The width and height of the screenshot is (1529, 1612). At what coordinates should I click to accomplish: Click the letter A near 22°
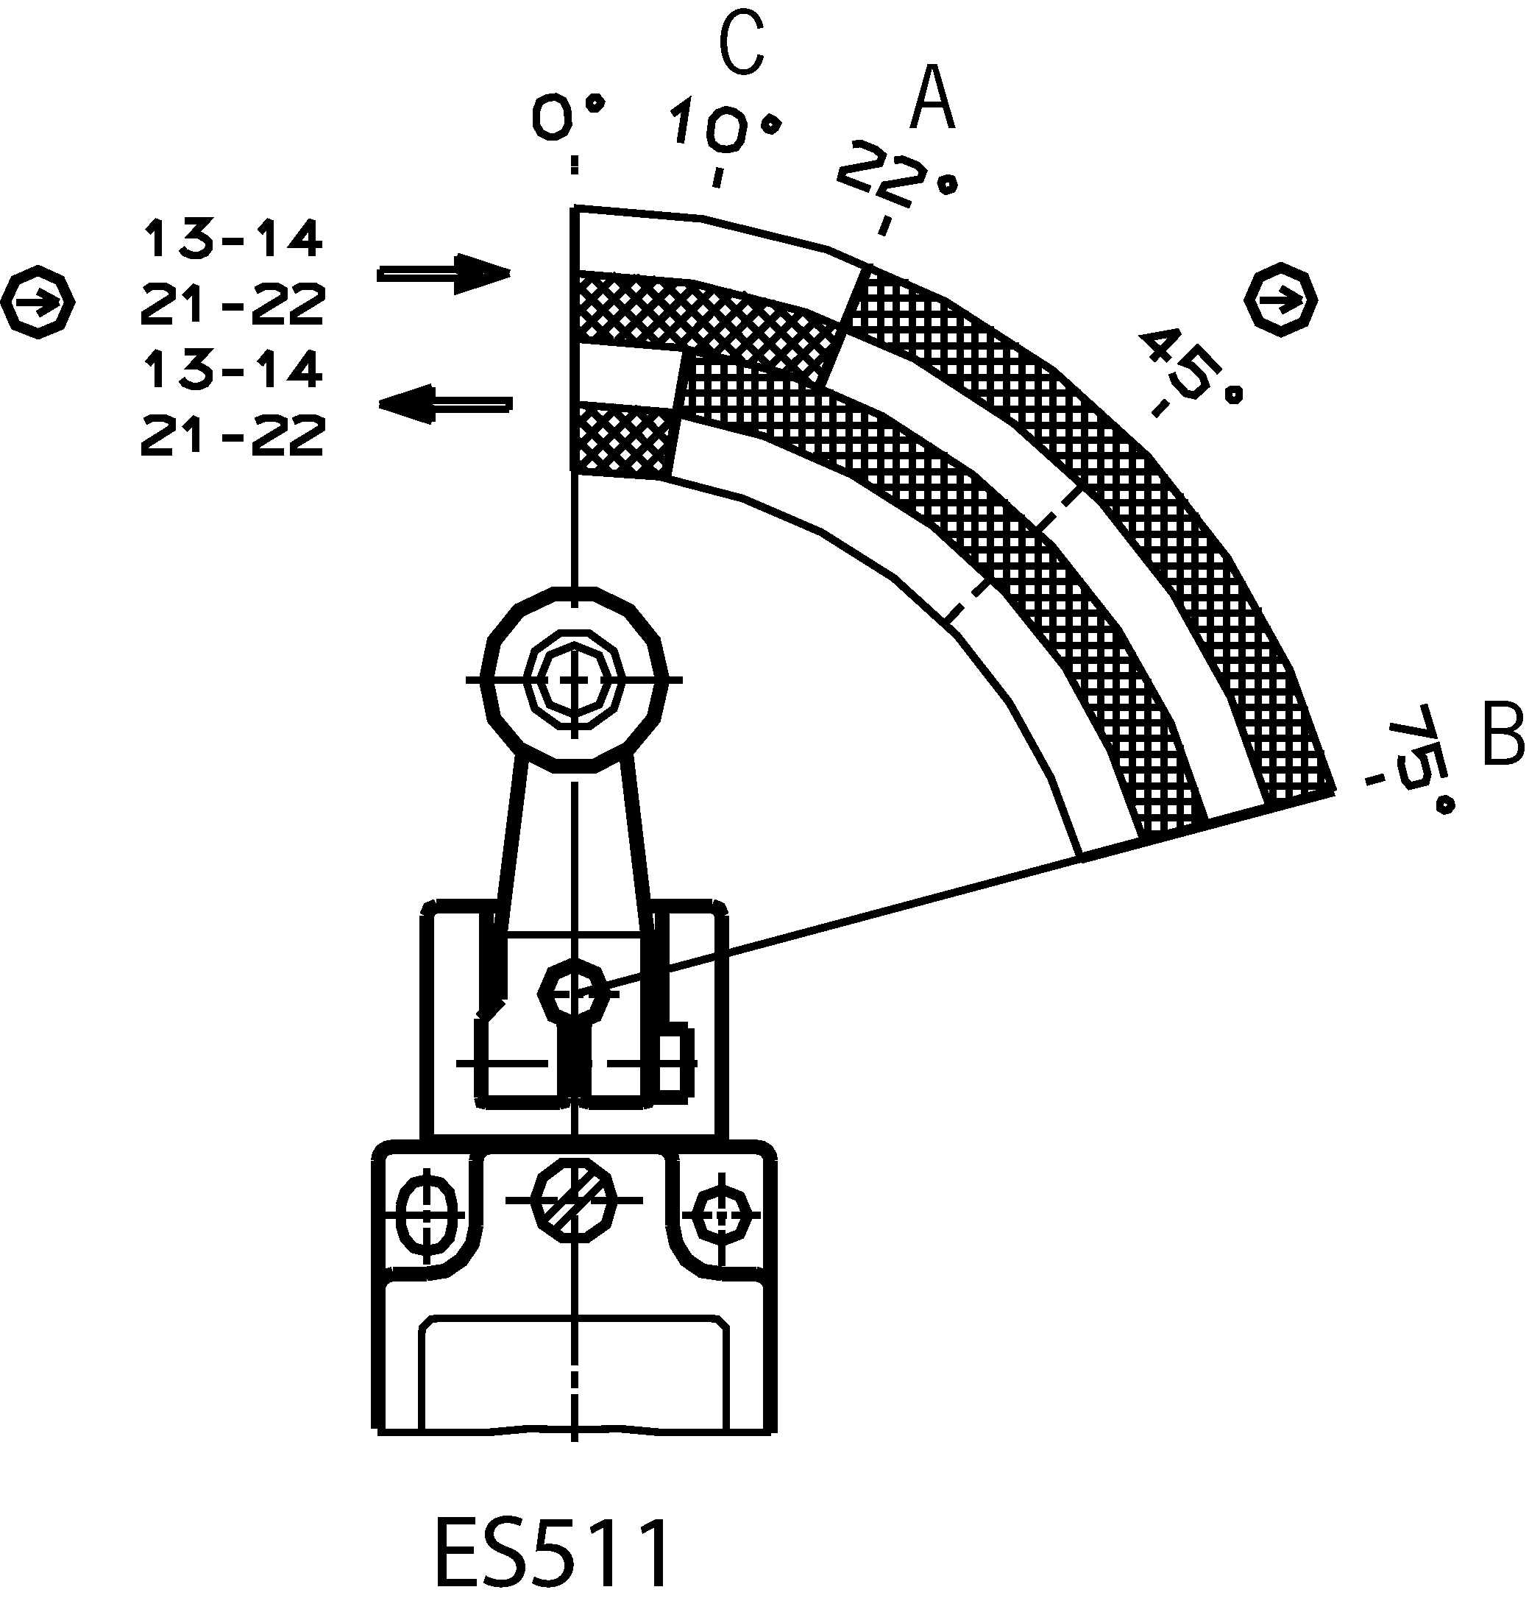[x=932, y=99]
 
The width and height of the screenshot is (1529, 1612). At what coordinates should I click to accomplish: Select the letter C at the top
[x=742, y=43]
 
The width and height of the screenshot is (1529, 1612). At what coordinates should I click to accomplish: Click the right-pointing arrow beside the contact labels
[x=444, y=272]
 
